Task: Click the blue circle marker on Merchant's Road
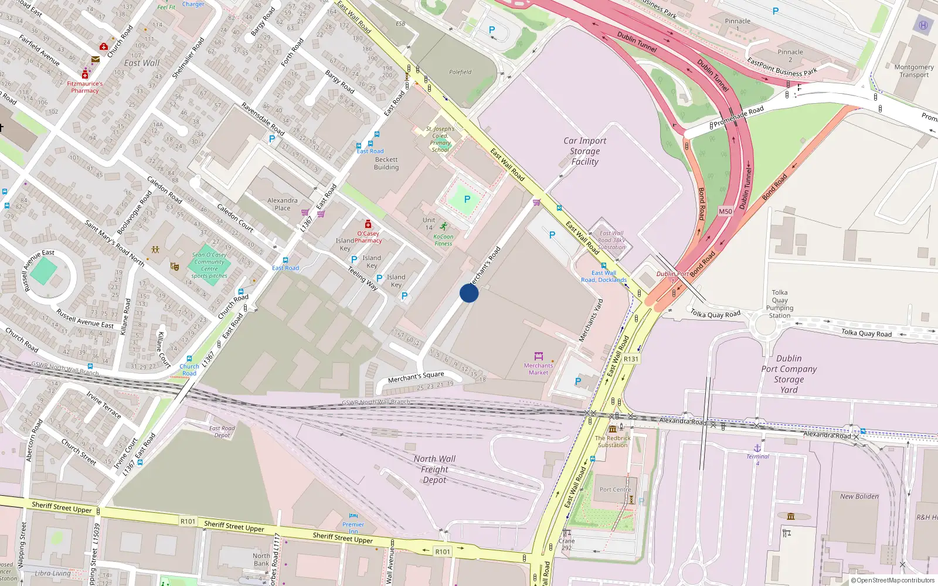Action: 469,293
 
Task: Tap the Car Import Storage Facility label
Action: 584,151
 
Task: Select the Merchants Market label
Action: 538,369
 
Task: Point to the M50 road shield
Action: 725,212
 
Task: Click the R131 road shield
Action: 631,359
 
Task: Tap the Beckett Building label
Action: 386,163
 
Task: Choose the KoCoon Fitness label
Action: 443,240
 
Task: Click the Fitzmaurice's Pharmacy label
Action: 85,87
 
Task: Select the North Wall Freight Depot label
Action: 434,469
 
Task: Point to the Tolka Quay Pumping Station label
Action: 780,304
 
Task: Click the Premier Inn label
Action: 353,527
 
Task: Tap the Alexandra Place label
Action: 283,204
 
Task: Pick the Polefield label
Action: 460,72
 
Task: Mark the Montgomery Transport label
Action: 914,71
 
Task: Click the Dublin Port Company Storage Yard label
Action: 789,374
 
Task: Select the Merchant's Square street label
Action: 416,377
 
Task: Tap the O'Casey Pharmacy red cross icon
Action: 368,224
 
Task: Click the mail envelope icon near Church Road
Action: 95,59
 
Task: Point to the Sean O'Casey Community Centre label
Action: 209,265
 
